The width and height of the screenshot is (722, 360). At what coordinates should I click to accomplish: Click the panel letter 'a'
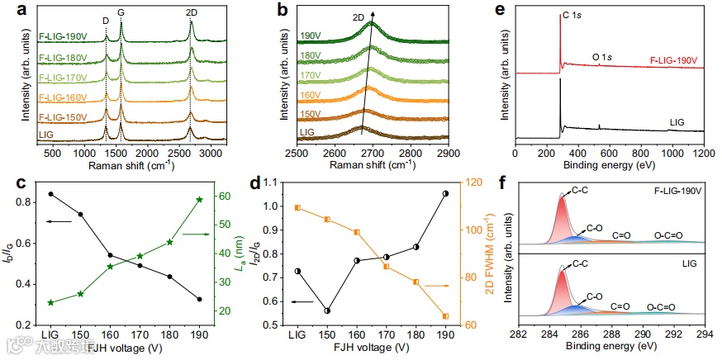tap(18, 9)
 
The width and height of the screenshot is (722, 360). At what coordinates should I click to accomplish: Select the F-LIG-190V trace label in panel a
tap(63, 36)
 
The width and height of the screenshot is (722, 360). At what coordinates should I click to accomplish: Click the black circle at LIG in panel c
tap(51, 194)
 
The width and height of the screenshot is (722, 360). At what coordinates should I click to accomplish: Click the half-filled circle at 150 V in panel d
tap(327, 311)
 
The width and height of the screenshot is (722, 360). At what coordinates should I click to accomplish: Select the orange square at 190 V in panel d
tap(445, 316)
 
